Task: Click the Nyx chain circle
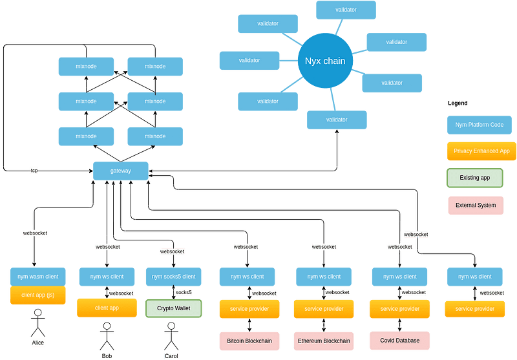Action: pos(325,61)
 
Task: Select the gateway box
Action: pos(121,171)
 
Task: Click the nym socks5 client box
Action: pos(173,277)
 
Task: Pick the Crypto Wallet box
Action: pos(173,308)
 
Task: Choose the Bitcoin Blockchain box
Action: pos(249,340)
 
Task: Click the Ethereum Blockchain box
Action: pos(324,340)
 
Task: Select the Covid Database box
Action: pos(399,340)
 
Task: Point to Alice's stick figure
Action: pos(37,324)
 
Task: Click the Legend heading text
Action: pos(458,103)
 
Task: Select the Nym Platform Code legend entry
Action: pos(479,125)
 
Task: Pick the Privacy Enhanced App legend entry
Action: pos(481,151)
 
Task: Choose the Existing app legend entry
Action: pos(475,178)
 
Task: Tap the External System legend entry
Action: pos(475,206)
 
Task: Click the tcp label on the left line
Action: pos(34,171)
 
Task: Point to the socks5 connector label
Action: pos(184,292)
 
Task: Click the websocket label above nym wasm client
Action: pos(35,233)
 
